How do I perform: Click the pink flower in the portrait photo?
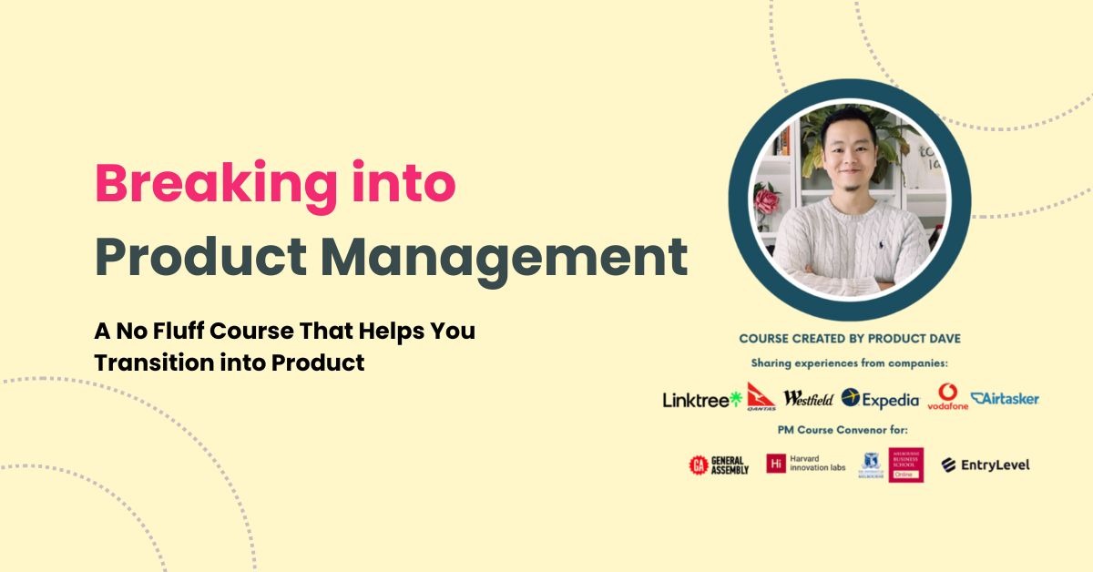(x=766, y=199)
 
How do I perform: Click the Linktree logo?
(x=701, y=399)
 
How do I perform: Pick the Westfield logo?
(x=808, y=398)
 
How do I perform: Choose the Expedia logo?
(x=881, y=398)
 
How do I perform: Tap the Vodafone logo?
(x=948, y=397)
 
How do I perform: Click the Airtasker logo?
(x=1005, y=398)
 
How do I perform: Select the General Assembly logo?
(x=719, y=465)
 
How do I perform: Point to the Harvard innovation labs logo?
(x=805, y=465)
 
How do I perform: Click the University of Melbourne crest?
(x=871, y=465)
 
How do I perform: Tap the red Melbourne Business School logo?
(x=905, y=465)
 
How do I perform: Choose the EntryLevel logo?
(x=986, y=465)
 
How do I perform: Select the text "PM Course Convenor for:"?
(x=850, y=429)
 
